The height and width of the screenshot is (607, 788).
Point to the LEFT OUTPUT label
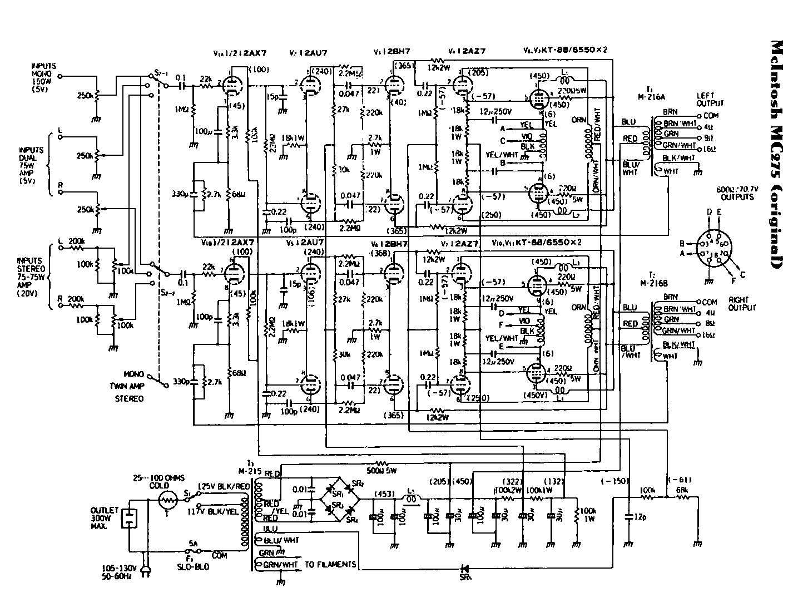(710, 100)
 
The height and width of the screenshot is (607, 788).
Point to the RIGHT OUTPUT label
(742, 304)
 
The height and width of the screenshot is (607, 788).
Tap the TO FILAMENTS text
(330, 564)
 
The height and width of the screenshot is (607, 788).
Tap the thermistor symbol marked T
(167, 501)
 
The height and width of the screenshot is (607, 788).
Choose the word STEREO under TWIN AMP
(128, 398)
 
